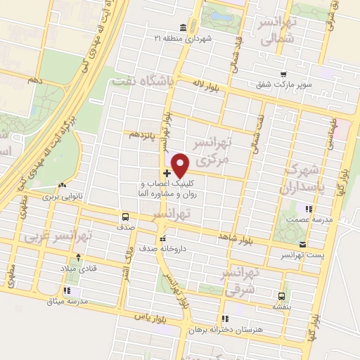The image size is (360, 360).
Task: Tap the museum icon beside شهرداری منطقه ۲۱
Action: pos(184,27)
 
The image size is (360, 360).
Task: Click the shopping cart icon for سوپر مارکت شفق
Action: pos(283,75)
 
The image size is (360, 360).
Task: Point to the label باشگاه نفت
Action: pos(143,82)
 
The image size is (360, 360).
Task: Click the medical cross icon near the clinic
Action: pos(167,173)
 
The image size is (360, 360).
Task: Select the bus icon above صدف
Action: pos(125,217)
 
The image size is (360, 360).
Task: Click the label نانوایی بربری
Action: pos(64,198)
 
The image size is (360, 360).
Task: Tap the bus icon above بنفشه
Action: pos(282,296)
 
